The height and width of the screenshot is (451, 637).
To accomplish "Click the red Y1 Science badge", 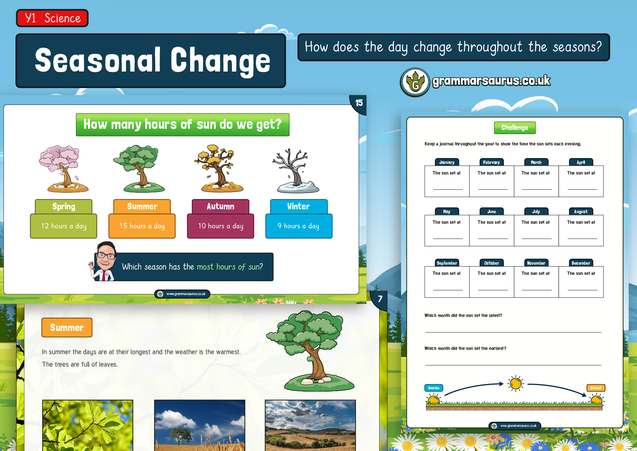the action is [x=52, y=18].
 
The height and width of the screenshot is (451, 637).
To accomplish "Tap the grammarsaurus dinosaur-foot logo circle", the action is [x=415, y=82].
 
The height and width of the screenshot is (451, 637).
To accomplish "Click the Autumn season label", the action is [x=220, y=206].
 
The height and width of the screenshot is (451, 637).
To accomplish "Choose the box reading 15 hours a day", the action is [x=142, y=226].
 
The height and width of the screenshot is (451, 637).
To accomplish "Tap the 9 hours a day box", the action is [x=299, y=226].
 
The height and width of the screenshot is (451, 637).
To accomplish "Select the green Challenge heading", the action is [x=515, y=128].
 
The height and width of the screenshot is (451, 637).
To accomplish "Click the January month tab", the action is [x=447, y=162].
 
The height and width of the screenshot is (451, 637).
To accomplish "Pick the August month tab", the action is [x=581, y=211].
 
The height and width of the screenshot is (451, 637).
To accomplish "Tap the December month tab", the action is [x=581, y=263].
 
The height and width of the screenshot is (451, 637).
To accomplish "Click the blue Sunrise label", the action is [x=434, y=388].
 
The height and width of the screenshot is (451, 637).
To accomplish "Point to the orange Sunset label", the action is [x=596, y=388].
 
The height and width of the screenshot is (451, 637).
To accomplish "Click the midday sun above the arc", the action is [x=516, y=384].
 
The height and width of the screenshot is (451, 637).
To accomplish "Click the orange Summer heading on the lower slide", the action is [x=67, y=328].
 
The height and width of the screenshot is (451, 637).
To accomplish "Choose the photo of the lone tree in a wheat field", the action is [x=200, y=425].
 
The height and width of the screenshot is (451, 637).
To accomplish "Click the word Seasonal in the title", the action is [x=98, y=61].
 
